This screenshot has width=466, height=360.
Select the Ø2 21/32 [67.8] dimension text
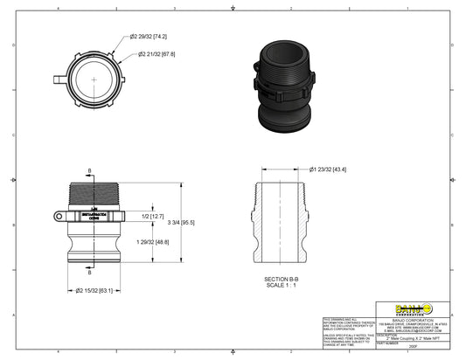(x=156, y=54)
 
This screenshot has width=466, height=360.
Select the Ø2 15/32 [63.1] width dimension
(x=96, y=289)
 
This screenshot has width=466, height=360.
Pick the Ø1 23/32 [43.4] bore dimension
(x=328, y=169)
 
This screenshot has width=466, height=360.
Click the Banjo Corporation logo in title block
(x=414, y=307)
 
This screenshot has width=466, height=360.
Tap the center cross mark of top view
(x=93, y=79)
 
